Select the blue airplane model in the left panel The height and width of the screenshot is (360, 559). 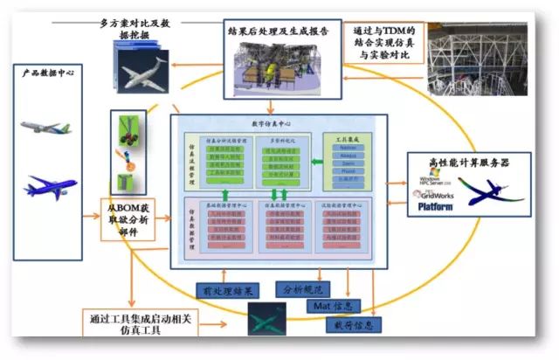click(51, 184)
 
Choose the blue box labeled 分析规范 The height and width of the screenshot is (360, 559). click(305, 286)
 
